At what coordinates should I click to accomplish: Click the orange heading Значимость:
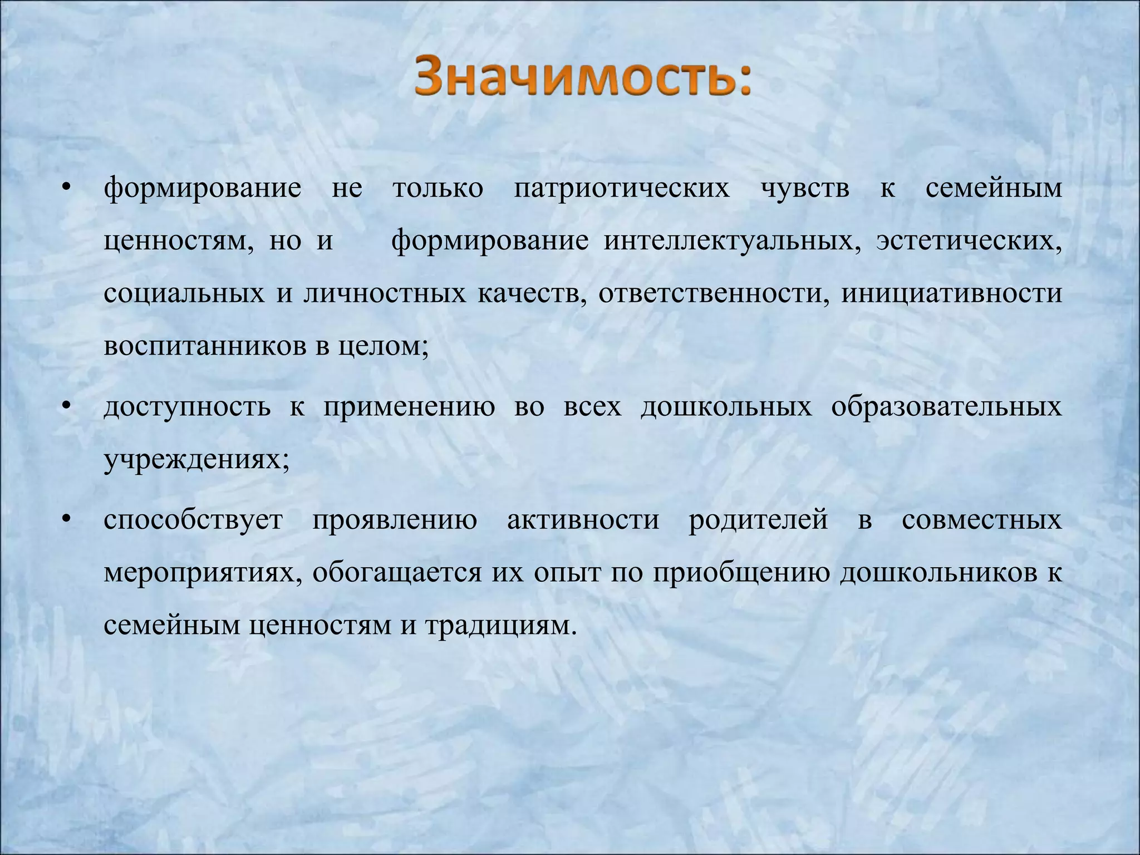tap(582, 78)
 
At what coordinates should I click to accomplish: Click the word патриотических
tap(621, 188)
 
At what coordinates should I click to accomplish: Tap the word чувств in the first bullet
tap(805, 188)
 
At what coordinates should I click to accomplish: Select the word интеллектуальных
tap(733, 241)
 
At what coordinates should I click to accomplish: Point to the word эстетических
tap(969, 241)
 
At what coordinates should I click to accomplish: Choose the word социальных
tap(184, 293)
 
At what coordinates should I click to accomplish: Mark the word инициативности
tap(951, 293)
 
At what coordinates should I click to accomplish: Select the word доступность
tap(187, 407)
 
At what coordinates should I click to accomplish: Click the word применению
tap(409, 407)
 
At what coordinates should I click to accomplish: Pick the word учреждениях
tap(196, 460)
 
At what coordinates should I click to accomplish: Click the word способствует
tap(193, 520)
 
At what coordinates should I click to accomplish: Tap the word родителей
tap(758, 520)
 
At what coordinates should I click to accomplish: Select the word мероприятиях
tap(203, 573)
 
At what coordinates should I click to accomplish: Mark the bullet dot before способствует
tap(66, 521)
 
